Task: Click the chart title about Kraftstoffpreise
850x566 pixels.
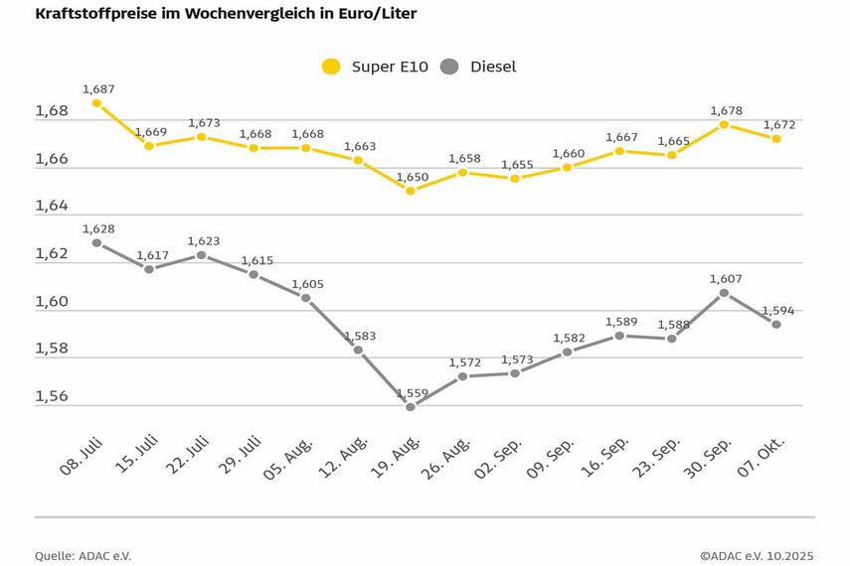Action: pos(226,14)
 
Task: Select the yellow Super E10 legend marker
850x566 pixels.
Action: pos(331,67)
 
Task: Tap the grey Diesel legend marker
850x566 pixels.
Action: pos(449,67)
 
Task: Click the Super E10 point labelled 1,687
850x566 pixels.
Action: pos(96,103)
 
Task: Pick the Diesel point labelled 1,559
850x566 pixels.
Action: pos(410,406)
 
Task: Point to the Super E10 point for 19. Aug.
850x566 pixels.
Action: pos(410,190)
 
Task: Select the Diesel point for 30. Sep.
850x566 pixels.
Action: pos(724,293)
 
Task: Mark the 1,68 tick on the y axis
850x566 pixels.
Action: pos(52,111)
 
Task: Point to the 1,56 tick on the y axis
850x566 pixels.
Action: pos(52,396)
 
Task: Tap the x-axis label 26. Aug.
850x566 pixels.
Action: pos(447,455)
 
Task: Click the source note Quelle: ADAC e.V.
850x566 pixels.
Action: pos(83,556)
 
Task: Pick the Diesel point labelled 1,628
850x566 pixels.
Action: pos(96,242)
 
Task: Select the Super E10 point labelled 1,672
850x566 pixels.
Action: pos(776,139)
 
